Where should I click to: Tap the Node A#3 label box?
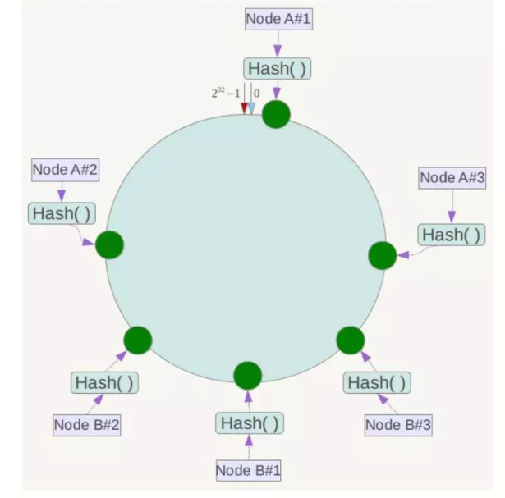[452, 178]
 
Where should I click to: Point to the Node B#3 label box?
[398, 425]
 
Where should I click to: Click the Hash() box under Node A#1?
[277, 69]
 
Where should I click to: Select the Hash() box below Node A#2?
[62, 214]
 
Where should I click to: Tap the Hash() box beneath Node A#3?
[452, 235]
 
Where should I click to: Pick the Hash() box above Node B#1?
[250, 423]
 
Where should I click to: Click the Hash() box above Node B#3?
[376, 382]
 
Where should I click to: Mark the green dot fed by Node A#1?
[277, 114]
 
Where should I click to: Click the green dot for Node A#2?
[109, 244]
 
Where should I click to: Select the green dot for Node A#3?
[383, 255]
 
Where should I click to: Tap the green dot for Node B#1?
[247, 376]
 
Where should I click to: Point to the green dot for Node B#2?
[138, 340]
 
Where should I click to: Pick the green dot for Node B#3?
[351, 340]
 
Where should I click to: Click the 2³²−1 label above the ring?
[226, 94]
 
